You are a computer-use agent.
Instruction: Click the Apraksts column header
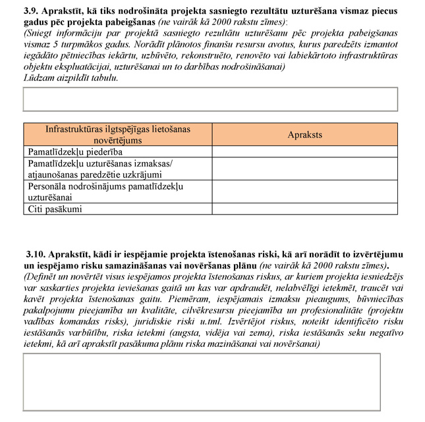pos(305,134)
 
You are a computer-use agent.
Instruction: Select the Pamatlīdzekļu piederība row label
pos(75,151)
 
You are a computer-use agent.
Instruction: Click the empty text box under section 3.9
pos(210,99)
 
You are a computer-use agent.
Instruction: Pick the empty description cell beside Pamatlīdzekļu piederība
pos(305,151)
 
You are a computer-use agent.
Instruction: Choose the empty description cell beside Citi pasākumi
pos(305,209)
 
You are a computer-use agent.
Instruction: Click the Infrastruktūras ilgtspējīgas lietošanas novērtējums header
pos(118,134)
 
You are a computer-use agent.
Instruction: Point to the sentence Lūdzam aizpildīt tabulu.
pos(71,78)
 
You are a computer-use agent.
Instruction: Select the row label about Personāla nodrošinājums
pos(104,192)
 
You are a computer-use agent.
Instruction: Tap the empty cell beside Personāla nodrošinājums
pos(305,192)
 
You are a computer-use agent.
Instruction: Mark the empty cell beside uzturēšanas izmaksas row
pos(305,169)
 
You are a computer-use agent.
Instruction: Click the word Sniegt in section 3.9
pos(40,33)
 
